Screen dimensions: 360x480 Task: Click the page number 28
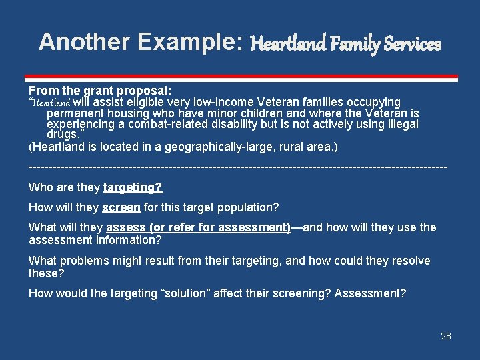446,336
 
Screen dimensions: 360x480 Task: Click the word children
273,113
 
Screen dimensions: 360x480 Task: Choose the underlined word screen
121,207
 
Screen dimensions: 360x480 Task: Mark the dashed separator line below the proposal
238,165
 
